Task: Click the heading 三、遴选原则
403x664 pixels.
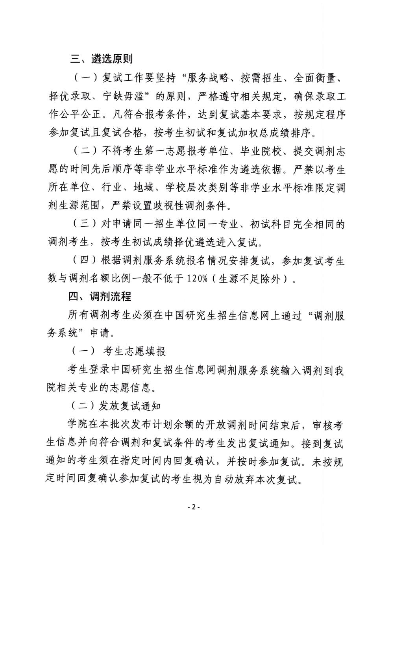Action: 102,59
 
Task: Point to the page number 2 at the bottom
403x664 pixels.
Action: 194,507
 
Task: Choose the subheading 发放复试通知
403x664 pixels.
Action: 129,406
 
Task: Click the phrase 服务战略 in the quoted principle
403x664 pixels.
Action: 209,78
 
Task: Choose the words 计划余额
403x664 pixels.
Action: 175,425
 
